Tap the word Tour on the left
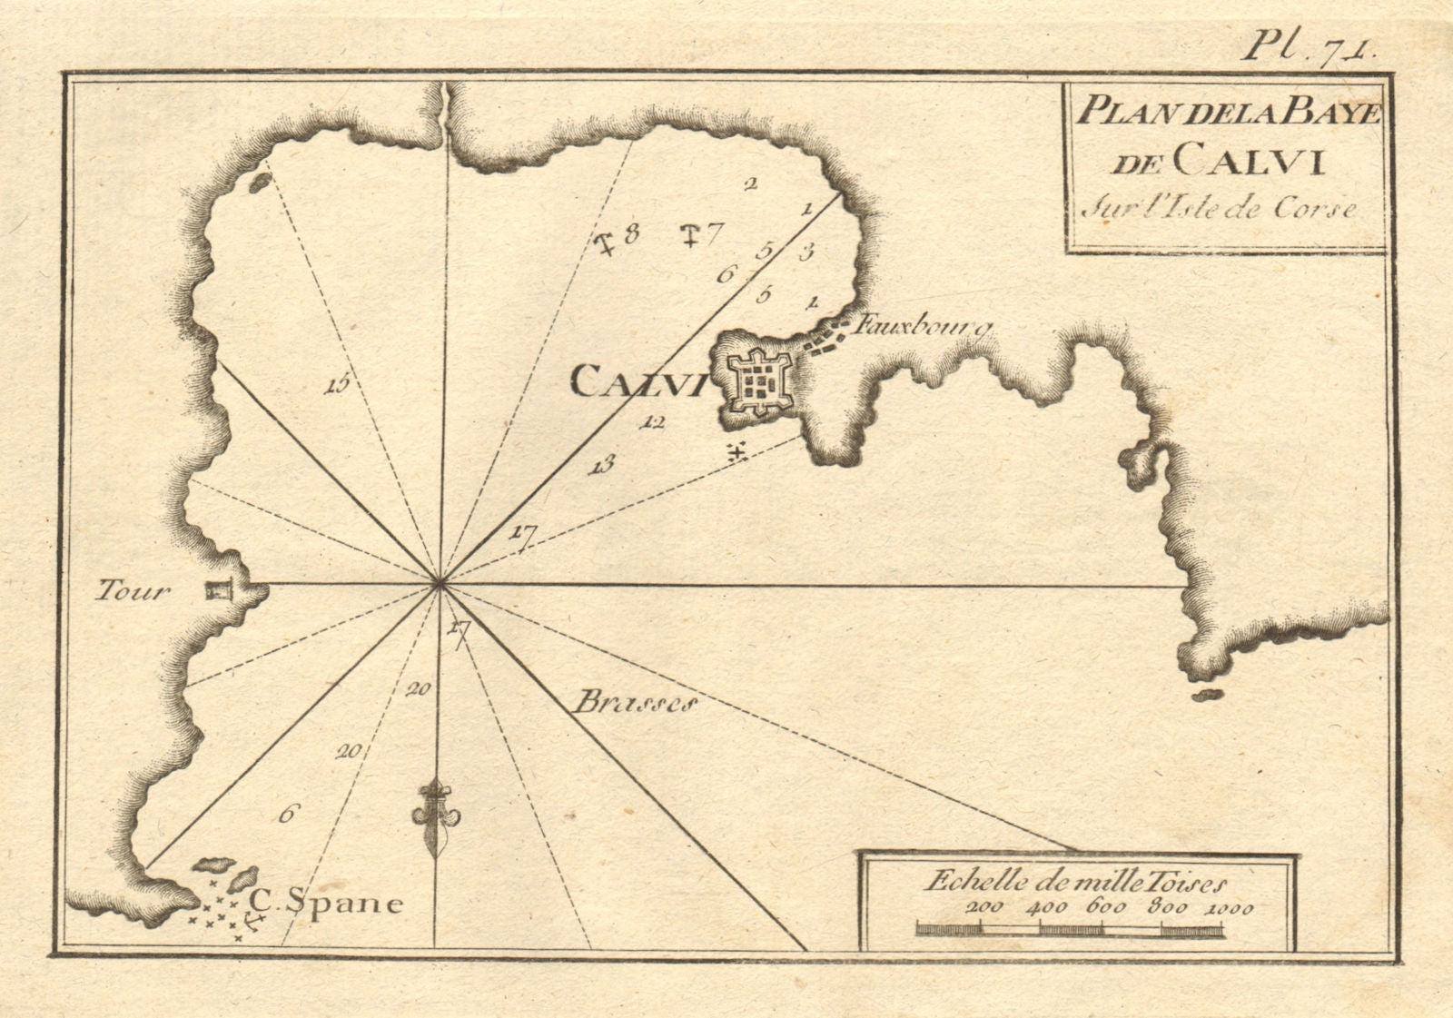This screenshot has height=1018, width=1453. pyautogui.click(x=133, y=592)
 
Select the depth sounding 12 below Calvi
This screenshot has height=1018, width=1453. pyautogui.click(x=653, y=421)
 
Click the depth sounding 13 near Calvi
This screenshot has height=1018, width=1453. pyautogui.click(x=602, y=466)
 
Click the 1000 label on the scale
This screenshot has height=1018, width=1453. pyautogui.click(x=1231, y=907)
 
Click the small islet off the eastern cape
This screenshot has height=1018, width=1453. pyautogui.click(x=1206, y=695)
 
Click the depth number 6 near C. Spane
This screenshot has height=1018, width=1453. pyautogui.click(x=287, y=814)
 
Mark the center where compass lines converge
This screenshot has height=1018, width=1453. pyautogui.click(x=440, y=584)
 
